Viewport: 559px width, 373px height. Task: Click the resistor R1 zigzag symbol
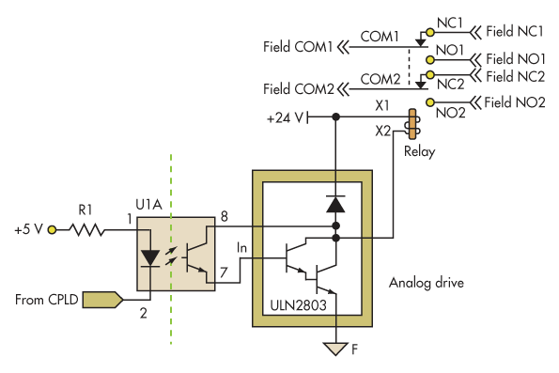pos(86,228)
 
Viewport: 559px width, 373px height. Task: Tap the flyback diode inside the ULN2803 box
pos(334,202)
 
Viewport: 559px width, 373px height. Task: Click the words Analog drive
pos(427,281)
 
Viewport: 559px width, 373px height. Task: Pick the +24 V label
pos(286,117)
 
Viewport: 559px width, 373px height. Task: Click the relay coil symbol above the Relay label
pos(411,124)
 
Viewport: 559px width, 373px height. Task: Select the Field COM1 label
pos(299,46)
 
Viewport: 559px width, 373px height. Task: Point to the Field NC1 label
pos(516,29)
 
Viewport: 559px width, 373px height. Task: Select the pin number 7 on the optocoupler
pos(224,272)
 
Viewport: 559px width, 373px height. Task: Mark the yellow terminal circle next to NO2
pos(429,101)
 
